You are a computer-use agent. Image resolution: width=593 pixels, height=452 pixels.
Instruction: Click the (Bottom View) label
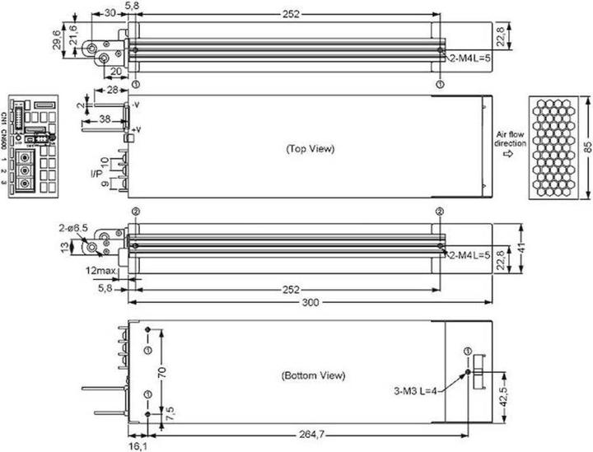click(x=313, y=375)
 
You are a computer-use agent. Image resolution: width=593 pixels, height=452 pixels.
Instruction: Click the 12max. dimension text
click(x=99, y=270)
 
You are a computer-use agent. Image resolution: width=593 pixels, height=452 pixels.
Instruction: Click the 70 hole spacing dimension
click(x=162, y=372)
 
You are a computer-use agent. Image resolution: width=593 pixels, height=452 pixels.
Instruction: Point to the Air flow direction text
click(x=507, y=137)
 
